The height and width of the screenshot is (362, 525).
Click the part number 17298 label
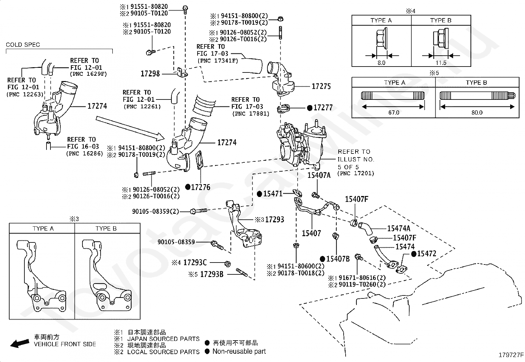(x=150, y=73)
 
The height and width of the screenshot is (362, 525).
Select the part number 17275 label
(x=321, y=87)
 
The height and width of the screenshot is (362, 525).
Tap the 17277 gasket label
(x=323, y=108)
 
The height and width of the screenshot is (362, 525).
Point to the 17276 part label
(x=201, y=187)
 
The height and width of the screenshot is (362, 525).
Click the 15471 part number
(x=272, y=194)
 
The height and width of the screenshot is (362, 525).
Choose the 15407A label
(x=319, y=175)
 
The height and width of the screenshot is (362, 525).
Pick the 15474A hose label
(x=398, y=228)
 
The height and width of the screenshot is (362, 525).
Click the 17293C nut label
(x=195, y=263)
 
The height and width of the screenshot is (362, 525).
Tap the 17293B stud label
(x=212, y=274)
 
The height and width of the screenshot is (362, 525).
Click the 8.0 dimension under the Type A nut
(x=381, y=63)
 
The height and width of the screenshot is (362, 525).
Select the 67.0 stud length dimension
(x=393, y=112)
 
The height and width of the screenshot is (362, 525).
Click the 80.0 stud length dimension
(x=477, y=112)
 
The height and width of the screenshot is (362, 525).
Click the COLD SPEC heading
(x=23, y=45)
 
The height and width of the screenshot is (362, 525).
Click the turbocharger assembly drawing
(x=298, y=145)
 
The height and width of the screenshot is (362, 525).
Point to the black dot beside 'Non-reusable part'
(x=207, y=351)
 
